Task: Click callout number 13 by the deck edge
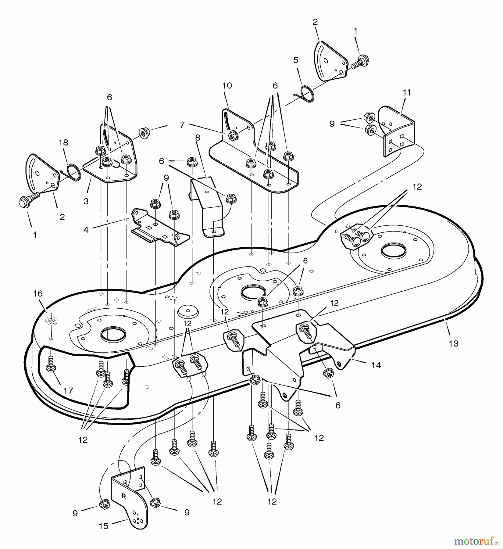point(454,343)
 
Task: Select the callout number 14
point(376,365)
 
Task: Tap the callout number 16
point(38,294)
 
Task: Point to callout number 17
point(68,390)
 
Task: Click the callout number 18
point(63,143)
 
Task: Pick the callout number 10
point(227,86)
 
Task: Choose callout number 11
point(407,92)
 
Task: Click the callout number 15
point(104,526)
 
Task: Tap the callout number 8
point(198,138)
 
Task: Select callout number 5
point(296,60)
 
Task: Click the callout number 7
point(182,125)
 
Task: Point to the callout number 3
point(86,202)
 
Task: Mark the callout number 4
point(86,230)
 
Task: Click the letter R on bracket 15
point(124,496)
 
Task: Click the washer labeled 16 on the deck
point(50,320)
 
